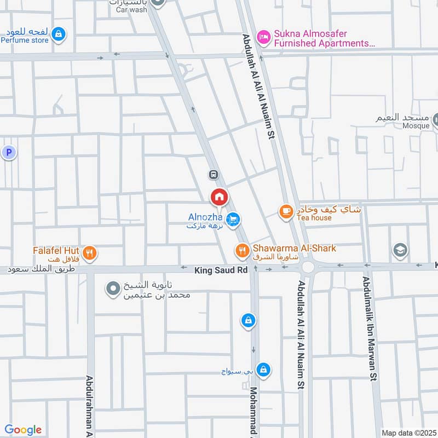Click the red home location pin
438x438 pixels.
pos(220,197)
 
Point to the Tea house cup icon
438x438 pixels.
pos(286,211)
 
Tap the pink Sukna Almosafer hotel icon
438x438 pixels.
pos(264,36)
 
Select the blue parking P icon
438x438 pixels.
pos(9,153)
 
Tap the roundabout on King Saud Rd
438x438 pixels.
pos(308,267)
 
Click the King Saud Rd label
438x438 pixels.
pos(221,270)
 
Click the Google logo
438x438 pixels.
pos(23,430)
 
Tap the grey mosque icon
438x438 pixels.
pos(437,119)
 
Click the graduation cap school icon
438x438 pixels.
pos(401,251)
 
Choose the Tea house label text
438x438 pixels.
pos(314,218)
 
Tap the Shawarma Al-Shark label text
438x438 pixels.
pos(294,248)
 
